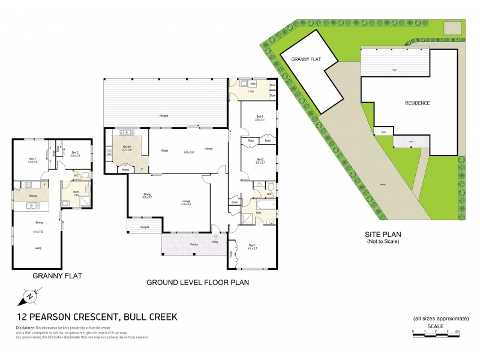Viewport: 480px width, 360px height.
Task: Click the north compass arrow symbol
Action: coord(29,296)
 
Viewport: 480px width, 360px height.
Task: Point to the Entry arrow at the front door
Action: coord(216,235)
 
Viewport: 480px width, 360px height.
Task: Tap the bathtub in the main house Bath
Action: coord(265,214)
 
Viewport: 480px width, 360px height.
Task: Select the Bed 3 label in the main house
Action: coord(259,117)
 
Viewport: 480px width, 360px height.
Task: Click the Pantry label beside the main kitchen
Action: coord(125,170)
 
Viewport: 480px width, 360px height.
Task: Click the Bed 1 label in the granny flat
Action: coord(32,159)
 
